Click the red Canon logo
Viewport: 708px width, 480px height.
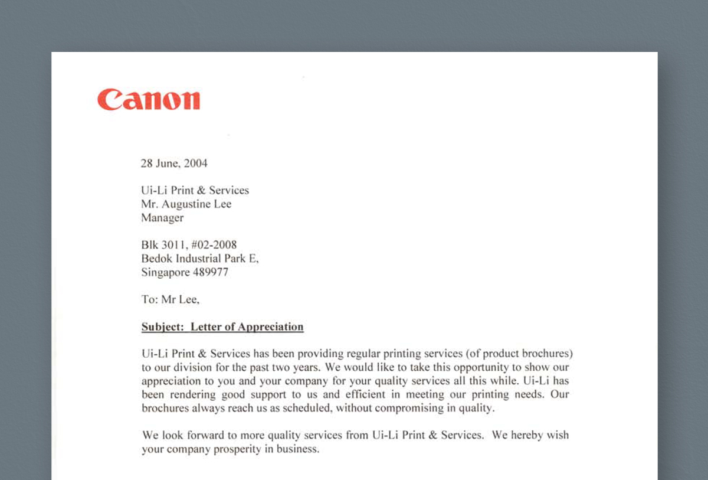pyautogui.click(x=149, y=99)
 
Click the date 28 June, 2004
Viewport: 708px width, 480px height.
pyautogui.click(x=174, y=164)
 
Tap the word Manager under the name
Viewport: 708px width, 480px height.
pyautogui.click(x=162, y=218)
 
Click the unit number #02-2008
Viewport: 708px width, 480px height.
pyautogui.click(x=214, y=245)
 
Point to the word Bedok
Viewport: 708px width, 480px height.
pyautogui.click(x=156, y=259)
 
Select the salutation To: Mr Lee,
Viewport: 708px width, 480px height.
pyautogui.click(x=171, y=299)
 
